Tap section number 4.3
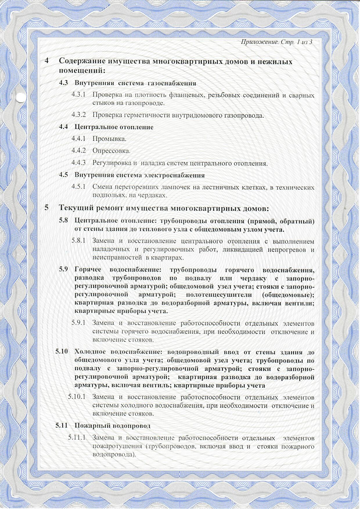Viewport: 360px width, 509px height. coord(63,83)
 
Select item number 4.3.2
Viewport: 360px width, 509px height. coord(79,115)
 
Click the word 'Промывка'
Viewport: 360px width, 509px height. coord(109,139)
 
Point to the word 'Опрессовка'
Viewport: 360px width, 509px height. coord(111,151)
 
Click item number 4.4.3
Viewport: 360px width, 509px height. coord(79,163)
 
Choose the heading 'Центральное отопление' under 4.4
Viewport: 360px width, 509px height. coord(114,127)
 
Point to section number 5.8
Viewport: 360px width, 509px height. coord(63,221)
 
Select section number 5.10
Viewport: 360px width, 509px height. coord(62,352)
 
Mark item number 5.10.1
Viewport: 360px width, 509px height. coord(77,397)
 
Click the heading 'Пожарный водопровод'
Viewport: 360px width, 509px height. coord(113,426)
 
